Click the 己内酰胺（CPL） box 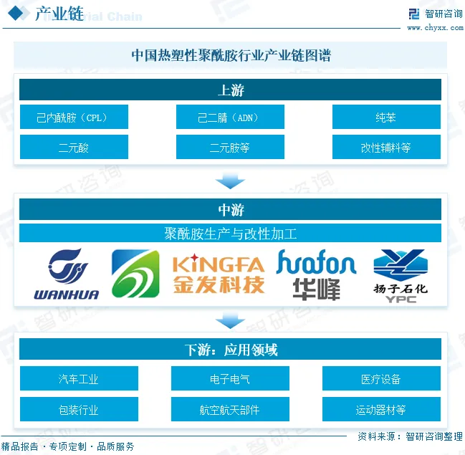click(x=74, y=118)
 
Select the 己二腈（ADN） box click(x=230, y=118)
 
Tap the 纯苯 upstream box click(x=386, y=118)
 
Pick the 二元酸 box click(x=74, y=148)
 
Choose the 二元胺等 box click(x=230, y=148)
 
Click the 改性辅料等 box click(x=386, y=148)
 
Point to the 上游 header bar click(x=230, y=90)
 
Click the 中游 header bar click(x=230, y=210)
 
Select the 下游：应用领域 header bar click(x=230, y=350)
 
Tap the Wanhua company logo click(x=67, y=274)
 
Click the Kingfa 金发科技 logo click(x=219, y=274)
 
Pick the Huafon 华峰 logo click(x=316, y=274)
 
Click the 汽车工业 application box click(x=79, y=379)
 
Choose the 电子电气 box click(x=230, y=379)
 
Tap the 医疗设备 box click(x=381, y=379)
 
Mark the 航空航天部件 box click(x=230, y=410)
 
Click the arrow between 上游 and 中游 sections click(x=230, y=180)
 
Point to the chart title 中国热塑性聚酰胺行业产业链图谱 click(x=230, y=55)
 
